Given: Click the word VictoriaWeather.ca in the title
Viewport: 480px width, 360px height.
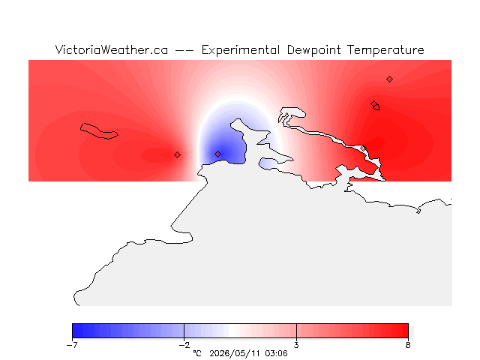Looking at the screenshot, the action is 112,50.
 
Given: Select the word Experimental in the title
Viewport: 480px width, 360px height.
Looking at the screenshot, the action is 241,50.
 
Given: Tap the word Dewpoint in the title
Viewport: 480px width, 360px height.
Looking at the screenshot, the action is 313,50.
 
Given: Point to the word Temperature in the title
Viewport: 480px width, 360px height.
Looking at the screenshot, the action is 385,50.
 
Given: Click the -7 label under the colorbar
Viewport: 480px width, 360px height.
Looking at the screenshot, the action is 72,345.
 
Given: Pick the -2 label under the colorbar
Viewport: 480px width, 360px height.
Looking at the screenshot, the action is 184,345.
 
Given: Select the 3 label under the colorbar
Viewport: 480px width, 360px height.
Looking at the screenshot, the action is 296,345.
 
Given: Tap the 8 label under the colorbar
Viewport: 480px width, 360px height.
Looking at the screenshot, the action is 408,345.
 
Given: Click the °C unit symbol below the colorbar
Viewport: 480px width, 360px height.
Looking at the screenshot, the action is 197,353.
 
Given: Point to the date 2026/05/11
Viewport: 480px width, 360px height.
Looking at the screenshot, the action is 235,354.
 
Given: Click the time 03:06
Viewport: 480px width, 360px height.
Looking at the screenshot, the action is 276,353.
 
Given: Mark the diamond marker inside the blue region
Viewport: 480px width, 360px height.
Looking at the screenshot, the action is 217,154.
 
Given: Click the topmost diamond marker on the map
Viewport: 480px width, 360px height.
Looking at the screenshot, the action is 389,79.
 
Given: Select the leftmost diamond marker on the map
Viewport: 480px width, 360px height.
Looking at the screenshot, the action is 177,155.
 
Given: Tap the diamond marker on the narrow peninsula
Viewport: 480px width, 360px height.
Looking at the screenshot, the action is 363,148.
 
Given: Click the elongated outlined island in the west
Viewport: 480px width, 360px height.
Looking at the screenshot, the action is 98,131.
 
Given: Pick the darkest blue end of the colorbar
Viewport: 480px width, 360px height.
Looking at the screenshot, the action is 75,331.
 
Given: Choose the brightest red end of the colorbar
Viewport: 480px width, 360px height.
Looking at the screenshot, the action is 405,331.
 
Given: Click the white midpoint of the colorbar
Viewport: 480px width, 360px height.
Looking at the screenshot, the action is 235,331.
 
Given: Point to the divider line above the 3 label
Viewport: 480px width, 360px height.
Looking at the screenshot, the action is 296,331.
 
